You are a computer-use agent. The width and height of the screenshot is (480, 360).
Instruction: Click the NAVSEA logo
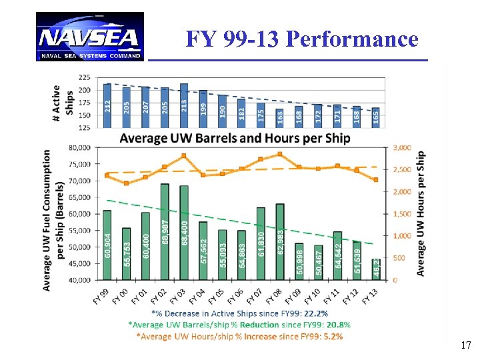point(90,37)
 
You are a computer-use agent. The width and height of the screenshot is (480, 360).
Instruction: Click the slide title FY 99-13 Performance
point(302,39)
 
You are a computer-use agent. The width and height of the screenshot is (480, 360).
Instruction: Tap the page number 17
point(466,345)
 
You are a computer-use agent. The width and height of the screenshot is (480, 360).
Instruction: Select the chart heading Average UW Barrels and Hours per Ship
point(234,138)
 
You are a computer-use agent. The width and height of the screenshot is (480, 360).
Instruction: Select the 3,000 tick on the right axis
point(403,147)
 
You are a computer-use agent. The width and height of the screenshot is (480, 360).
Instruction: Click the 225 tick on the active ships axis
point(85,77)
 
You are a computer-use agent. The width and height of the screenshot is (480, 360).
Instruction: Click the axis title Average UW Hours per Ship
point(421,213)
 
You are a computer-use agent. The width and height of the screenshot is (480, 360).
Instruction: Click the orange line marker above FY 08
point(280,154)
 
